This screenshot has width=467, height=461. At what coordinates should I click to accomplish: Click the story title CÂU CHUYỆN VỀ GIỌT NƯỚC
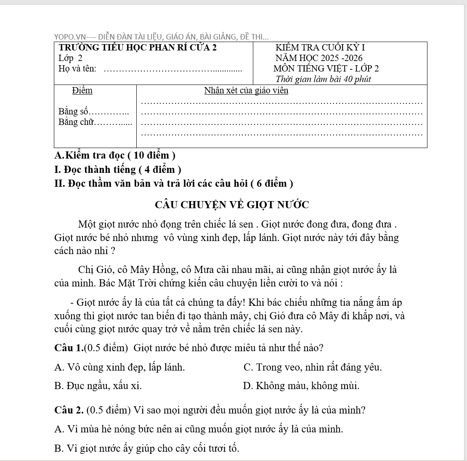(x=232, y=205)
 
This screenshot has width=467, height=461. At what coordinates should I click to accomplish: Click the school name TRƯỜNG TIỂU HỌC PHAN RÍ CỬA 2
(x=138, y=48)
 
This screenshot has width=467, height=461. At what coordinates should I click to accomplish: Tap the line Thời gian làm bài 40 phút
(x=323, y=79)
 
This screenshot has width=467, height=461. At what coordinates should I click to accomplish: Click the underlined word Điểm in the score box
(x=82, y=90)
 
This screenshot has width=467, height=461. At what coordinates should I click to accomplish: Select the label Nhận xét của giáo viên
(x=246, y=90)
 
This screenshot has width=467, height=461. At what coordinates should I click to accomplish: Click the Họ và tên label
(x=77, y=69)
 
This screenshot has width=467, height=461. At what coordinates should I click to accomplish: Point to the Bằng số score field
(x=93, y=112)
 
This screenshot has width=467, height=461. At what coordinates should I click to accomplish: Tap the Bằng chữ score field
(x=95, y=122)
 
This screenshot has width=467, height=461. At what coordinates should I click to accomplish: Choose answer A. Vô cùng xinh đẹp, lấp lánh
(x=119, y=367)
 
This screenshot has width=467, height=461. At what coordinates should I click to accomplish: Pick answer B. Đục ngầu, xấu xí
(x=98, y=386)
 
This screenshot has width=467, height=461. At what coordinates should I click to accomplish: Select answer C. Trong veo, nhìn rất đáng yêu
(x=313, y=367)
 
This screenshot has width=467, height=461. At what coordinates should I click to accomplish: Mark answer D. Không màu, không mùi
(x=301, y=386)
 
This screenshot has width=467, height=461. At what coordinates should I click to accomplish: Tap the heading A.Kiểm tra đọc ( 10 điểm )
(x=115, y=155)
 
